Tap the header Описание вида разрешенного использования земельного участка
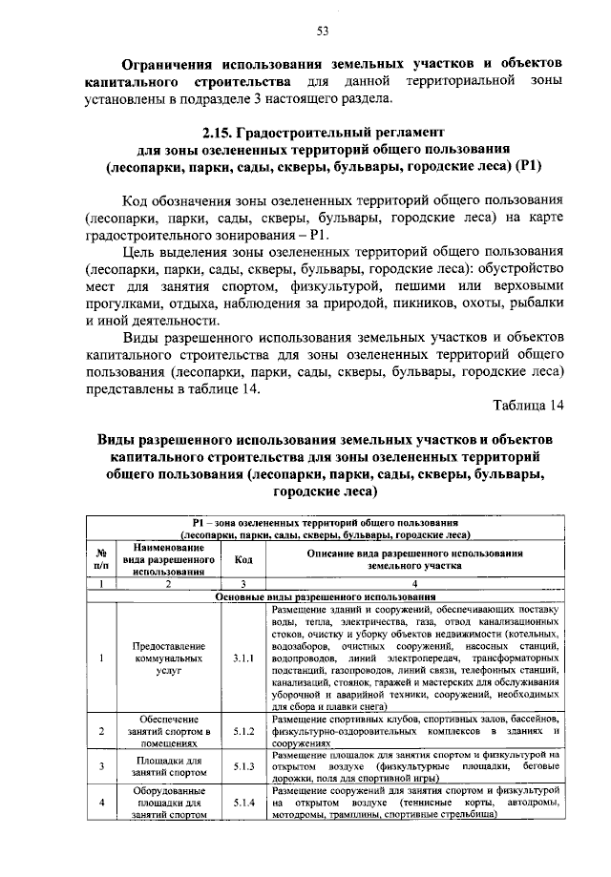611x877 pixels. (x=416, y=559)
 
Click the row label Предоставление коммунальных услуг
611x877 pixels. (x=166, y=658)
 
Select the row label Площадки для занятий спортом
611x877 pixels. (x=166, y=765)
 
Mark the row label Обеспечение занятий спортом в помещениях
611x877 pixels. (x=166, y=731)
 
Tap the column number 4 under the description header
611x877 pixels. (x=416, y=583)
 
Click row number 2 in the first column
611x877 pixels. (x=100, y=731)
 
